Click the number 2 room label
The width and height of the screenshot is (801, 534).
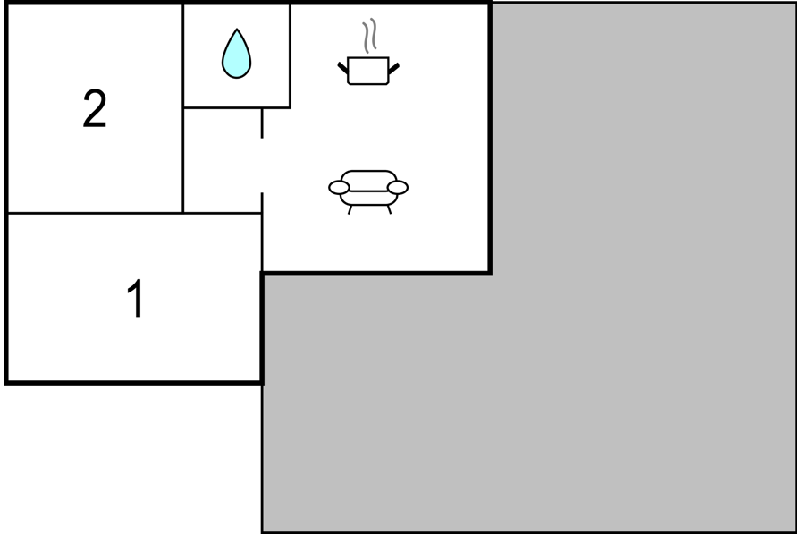(x=95, y=108)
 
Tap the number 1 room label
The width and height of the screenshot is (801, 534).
(x=135, y=299)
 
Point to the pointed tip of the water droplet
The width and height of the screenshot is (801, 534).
(x=237, y=29)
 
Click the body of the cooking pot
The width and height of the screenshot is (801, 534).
(x=367, y=71)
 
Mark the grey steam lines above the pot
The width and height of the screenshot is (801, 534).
(x=370, y=35)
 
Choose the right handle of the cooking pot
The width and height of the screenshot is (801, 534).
(x=394, y=69)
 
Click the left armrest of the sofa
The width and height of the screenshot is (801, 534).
(x=339, y=188)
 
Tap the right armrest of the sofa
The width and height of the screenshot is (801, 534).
(x=398, y=188)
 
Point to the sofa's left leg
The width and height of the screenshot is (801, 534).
(x=350, y=209)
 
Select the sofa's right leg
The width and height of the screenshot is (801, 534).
(x=389, y=209)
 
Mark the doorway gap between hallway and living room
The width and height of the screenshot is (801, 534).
(x=262, y=165)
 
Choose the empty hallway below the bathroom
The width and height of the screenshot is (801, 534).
(x=223, y=160)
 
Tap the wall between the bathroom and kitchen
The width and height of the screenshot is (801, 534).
(x=291, y=56)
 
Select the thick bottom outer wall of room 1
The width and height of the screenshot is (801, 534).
(x=134, y=382)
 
